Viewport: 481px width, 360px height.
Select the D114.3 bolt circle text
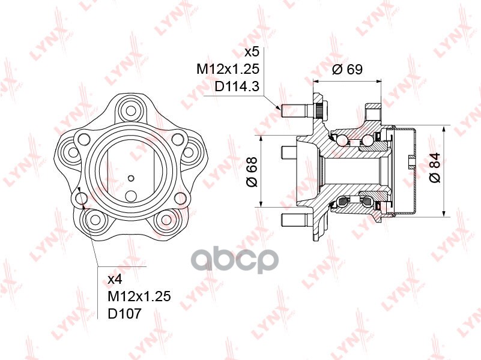click(237, 86)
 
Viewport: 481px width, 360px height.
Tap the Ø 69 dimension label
click(347, 69)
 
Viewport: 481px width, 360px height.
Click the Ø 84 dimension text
click(435, 169)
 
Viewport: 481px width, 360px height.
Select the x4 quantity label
click(115, 279)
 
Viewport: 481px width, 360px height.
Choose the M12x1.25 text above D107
click(139, 296)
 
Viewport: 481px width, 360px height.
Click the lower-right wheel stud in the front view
click(164, 220)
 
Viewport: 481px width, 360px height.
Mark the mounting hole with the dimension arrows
click(79, 197)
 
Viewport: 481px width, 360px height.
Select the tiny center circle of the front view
click(131, 178)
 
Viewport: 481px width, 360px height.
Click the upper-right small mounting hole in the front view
click(177, 139)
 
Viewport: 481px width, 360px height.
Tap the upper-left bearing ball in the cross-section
click(341, 140)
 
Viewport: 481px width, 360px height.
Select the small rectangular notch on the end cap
click(411, 160)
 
